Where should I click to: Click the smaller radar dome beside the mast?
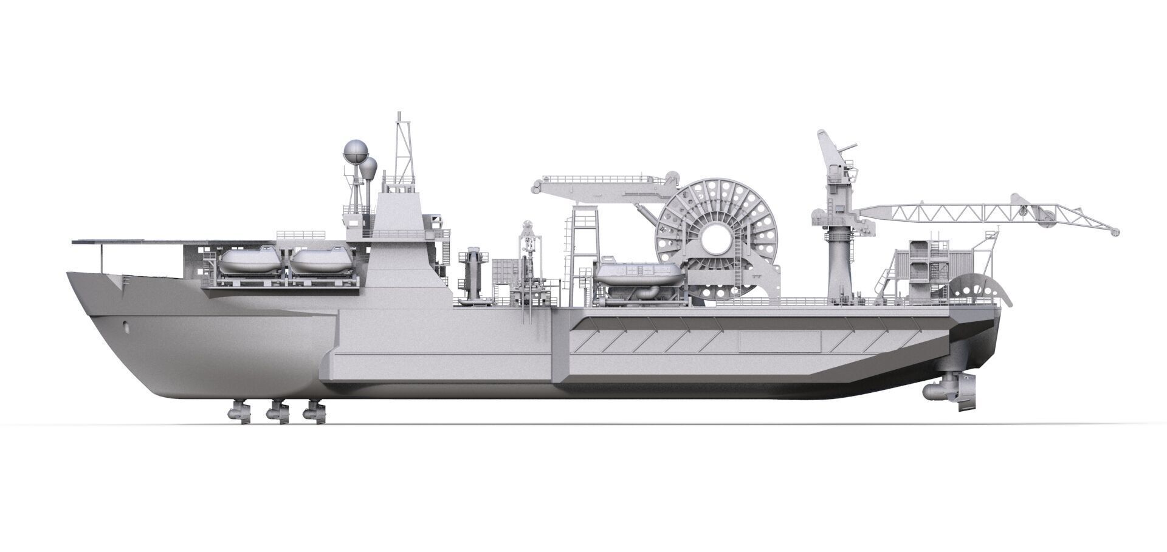[369, 166]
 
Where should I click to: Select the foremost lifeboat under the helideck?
[250, 262]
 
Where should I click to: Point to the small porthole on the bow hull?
[126, 325]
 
